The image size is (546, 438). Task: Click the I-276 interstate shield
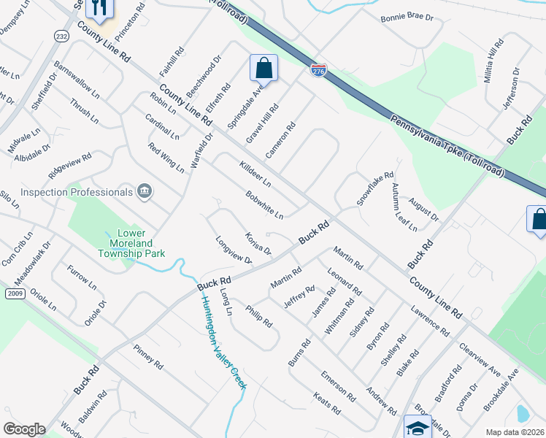pyautogui.click(x=318, y=71)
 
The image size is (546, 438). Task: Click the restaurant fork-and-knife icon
pyautogui.click(x=98, y=8)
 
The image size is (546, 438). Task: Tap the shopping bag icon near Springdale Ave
pyautogui.click(x=264, y=69)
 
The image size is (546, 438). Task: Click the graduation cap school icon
pyautogui.click(x=418, y=428)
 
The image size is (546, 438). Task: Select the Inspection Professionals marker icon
pyautogui.click(x=145, y=192)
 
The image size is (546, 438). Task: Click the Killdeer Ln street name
pyautogui.click(x=255, y=173)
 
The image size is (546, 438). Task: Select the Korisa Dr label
pyautogui.click(x=258, y=245)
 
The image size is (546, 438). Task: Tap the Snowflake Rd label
pyautogui.click(x=375, y=188)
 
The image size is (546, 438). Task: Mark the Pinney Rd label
pyautogui.click(x=149, y=356)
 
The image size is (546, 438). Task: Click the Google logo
pyautogui.click(x=24, y=429)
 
